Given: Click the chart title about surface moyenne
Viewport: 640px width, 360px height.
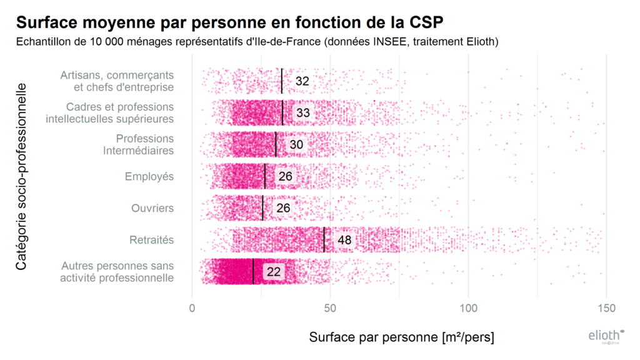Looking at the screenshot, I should click(229, 22).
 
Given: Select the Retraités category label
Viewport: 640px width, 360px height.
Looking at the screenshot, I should click(151, 240).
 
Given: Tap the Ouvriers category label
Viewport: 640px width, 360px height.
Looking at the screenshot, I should click(152, 208).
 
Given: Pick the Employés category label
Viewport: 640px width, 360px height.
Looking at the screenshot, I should click(149, 177).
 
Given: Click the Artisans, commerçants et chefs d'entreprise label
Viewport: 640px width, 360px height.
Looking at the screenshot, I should click(117, 81).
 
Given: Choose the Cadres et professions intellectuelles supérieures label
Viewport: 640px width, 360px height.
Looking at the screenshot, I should click(110, 112).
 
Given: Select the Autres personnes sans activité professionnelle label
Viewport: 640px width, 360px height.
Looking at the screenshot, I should click(117, 272).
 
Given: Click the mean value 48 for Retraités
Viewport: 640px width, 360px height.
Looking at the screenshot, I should click(344, 240).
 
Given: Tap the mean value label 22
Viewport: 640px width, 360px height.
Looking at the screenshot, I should click(274, 272).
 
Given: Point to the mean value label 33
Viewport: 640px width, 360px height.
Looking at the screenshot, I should click(303, 113).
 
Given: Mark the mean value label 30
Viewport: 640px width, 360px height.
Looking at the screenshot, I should click(296, 145).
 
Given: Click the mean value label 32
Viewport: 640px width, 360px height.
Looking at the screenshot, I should click(302, 81).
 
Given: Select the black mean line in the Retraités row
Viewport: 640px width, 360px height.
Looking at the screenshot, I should click(324, 240).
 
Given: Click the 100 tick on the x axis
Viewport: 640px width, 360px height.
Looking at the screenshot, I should click(468, 309).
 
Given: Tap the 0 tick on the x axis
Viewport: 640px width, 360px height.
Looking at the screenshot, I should click(192, 309).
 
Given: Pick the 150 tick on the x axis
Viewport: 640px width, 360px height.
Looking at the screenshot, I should click(606, 309).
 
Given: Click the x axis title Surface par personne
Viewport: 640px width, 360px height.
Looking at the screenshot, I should click(401, 337).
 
